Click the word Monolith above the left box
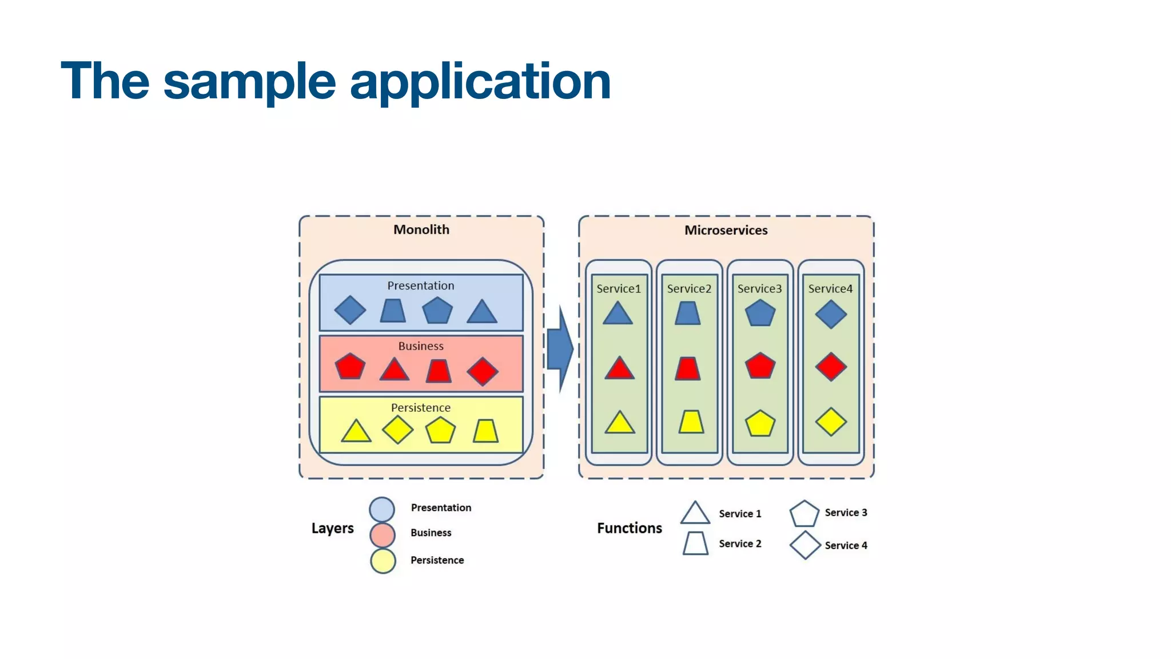click(x=421, y=230)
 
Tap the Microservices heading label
click(x=726, y=231)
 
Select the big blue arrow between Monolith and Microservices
click(x=559, y=349)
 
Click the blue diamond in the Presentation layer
click(x=350, y=310)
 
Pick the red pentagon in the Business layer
click(x=350, y=367)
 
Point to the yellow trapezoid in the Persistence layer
click(x=485, y=431)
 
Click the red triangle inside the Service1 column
click(x=619, y=369)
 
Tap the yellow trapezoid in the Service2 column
click(x=691, y=422)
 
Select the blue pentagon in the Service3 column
click(x=760, y=313)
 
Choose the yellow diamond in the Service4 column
click(x=831, y=422)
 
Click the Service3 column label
click(x=759, y=289)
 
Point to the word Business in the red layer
click(x=421, y=346)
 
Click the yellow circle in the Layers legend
click(x=383, y=561)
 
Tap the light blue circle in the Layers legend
click(x=382, y=509)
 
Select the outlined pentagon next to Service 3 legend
click(x=804, y=514)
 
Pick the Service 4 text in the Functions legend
click(x=846, y=546)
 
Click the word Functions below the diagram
click(x=630, y=528)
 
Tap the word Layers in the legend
click(x=332, y=528)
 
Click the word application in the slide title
click(x=480, y=82)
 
